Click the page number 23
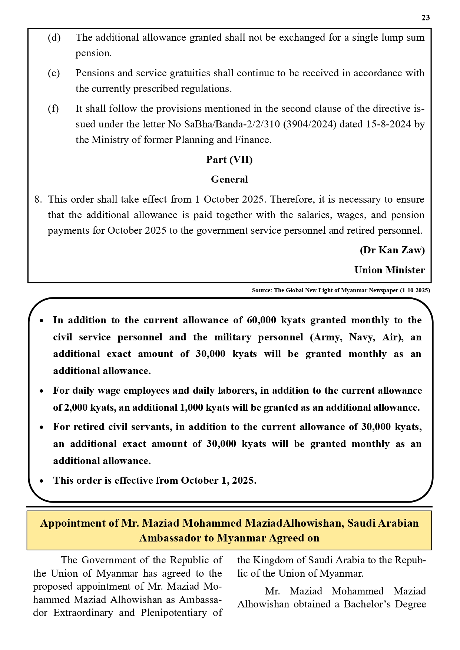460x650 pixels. (426, 18)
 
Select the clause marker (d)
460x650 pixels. (54, 37)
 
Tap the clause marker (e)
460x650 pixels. (54, 73)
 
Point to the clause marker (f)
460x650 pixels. (53, 109)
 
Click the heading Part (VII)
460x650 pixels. (229, 160)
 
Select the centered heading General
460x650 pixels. (229, 179)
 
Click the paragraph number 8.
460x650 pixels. (38, 199)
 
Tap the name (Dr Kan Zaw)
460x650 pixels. (392, 250)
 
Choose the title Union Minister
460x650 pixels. (390, 270)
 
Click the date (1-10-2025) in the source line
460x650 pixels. (415, 290)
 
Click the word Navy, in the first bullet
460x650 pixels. (361, 337)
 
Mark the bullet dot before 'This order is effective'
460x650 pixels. (42, 481)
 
